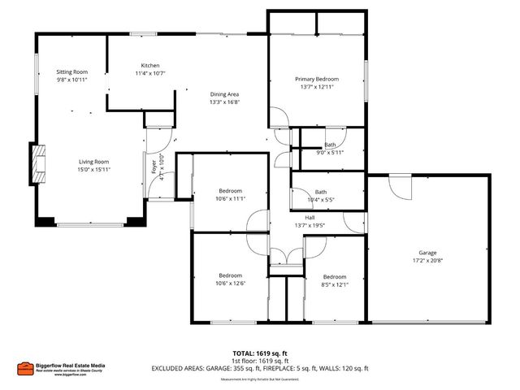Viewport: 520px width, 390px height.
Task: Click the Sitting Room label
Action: point(71,72)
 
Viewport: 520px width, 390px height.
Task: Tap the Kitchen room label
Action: point(150,65)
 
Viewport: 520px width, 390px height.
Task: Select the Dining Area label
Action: point(225,94)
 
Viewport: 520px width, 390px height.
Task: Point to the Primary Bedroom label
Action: point(317,79)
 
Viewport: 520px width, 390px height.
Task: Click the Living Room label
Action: point(94,162)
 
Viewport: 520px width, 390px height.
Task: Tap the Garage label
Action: point(427,253)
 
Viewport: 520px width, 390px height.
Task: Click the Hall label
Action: point(310,218)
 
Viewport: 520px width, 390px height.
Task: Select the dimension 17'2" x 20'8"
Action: point(427,261)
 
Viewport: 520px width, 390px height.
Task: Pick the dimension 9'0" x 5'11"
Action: point(329,152)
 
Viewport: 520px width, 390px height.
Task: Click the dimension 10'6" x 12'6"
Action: point(231,284)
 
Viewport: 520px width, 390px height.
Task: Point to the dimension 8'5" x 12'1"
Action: point(335,284)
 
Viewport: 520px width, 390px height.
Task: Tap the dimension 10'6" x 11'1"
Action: point(231,198)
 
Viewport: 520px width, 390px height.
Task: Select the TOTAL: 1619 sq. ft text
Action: point(259,353)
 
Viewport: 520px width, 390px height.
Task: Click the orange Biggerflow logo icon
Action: point(25,367)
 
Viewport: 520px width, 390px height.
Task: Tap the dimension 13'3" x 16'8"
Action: point(225,102)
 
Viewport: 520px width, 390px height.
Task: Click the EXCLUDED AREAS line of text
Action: point(259,369)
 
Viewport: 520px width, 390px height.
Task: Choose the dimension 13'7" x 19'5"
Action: point(310,226)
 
